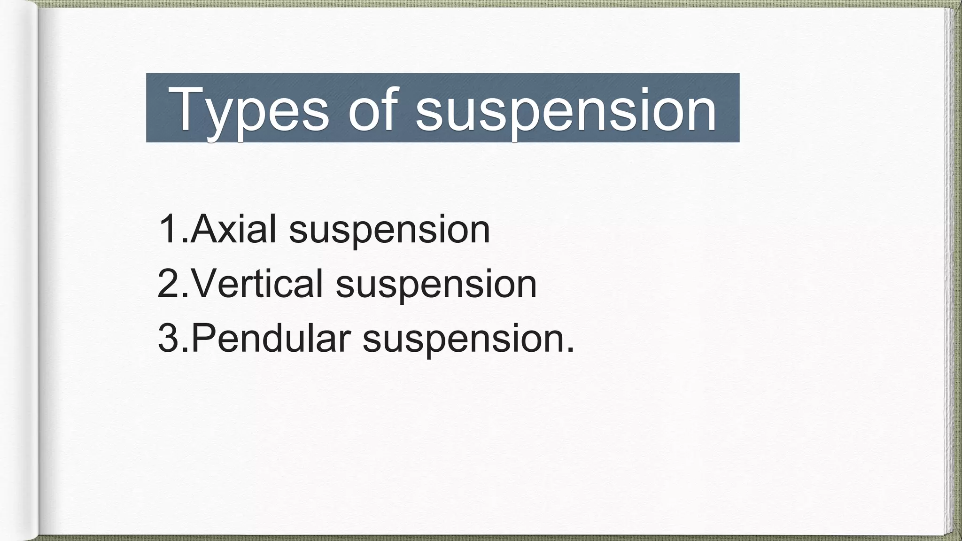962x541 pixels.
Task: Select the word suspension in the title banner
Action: pos(566,109)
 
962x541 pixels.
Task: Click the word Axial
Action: pos(233,229)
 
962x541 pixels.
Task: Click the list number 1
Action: pos(169,229)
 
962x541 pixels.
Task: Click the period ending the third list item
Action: pos(570,349)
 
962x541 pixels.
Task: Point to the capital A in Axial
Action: pos(205,229)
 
